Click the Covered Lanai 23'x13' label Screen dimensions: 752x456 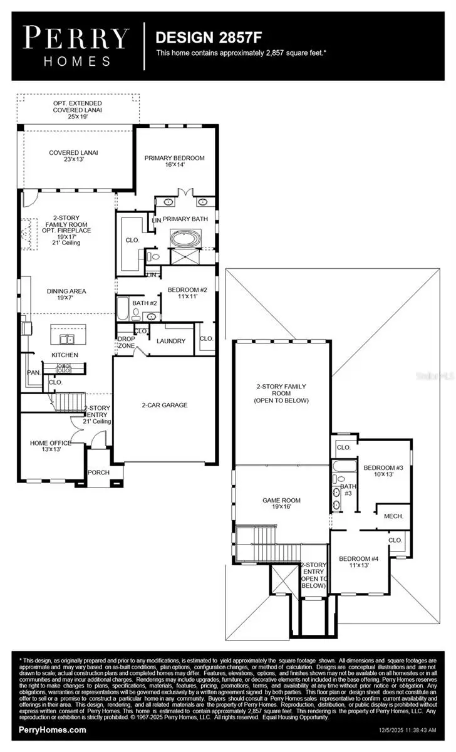pyautogui.click(x=73, y=156)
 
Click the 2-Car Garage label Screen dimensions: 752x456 pyautogui.click(x=164, y=405)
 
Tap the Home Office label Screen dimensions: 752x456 pyautogui.click(x=51, y=447)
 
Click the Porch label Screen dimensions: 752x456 pyautogui.click(x=98, y=473)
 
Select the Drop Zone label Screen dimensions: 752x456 pyautogui.click(x=127, y=342)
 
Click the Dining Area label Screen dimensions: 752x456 pyautogui.click(x=66, y=295)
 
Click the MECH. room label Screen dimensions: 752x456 pyautogui.click(x=393, y=516)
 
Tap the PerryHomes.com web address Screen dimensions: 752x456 pyautogui.click(x=53, y=730)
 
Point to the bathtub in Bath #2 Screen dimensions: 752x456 pyautogui.click(x=123, y=308)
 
